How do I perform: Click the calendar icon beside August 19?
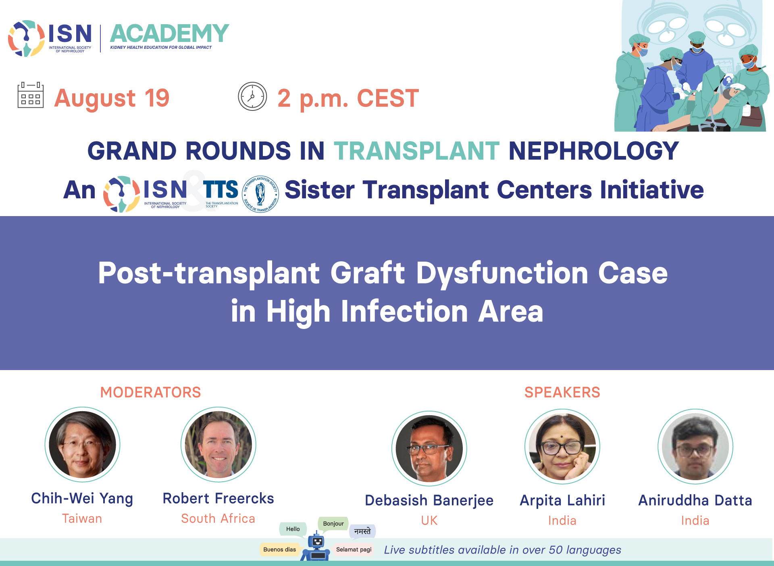pyautogui.click(x=31, y=95)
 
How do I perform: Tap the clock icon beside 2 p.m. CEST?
pyautogui.click(x=252, y=96)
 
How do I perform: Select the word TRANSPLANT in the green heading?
pyautogui.click(x=417, y=151)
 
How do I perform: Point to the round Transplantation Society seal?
pyautogui.click(x=260, y=194)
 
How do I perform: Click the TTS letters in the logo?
pyautogui.click(x=221, y=189)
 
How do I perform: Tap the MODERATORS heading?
pyautogui.click(x=150, y=392)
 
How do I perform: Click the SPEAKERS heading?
pyautogui.click(x=562, y=392)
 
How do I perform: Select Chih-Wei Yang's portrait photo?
pyautogui.click(x=82, y=444)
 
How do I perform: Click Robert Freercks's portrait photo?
pyautogui.click(x=218, y=444)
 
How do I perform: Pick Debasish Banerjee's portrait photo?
pyautogui.click(x=429, y=448)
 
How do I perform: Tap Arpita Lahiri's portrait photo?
pyautogui.click(x=562, y=446)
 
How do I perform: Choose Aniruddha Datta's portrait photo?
pyautogui.click(x=695, y=446)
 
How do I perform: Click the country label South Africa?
pyautogui.click(x=218, y=518)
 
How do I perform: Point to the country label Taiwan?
pyautogui.click(x=82, y=518)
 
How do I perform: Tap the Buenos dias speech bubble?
pyautogui.click(x=280, y=549)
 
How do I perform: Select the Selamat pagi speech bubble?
pyautogui.click(x=354, y=549)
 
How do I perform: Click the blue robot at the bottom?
pyautogui.click(x=317, y=547)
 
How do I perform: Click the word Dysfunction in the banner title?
pyautogui.click(x=502, y=273)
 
